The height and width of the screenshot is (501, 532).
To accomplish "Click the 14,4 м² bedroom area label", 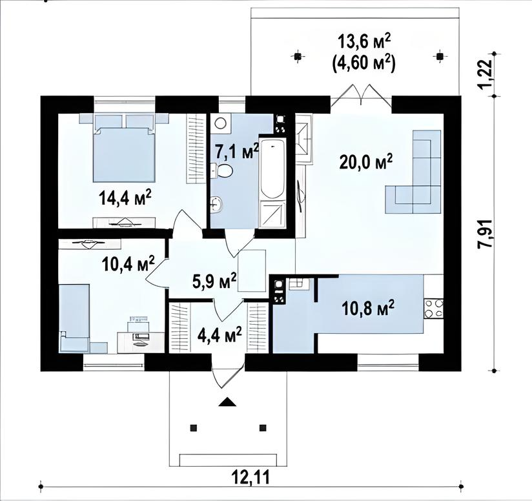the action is pos(125,198).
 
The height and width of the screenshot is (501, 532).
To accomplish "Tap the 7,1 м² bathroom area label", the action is pos(237,152).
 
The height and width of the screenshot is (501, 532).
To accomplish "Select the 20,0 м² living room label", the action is pos(365,162).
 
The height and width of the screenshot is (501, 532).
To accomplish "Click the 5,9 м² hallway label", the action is pos(214,280).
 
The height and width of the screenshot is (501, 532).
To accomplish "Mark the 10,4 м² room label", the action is pos(128,263).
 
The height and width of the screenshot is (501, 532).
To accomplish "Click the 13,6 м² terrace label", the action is pos(364,43).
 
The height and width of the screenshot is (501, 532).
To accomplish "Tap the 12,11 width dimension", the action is pos(251,477).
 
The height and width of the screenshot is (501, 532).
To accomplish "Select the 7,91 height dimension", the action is pos(486,234).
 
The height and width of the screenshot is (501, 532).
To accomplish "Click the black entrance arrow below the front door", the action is pos(227,402).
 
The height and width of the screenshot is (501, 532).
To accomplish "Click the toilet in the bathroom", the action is pos(222,170).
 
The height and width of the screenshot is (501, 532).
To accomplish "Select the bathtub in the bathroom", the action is pos(272,168).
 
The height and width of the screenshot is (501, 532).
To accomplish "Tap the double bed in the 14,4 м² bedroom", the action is pos(124,148).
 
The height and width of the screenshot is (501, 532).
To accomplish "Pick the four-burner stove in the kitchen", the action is pos(434,309).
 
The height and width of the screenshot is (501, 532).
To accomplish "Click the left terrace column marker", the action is pos(297,56).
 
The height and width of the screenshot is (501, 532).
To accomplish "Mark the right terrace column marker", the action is pos(440,56).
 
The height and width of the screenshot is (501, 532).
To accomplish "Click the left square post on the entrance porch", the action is pos(194,428).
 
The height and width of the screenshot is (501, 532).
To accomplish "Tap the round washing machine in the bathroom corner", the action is pos(221,123).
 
